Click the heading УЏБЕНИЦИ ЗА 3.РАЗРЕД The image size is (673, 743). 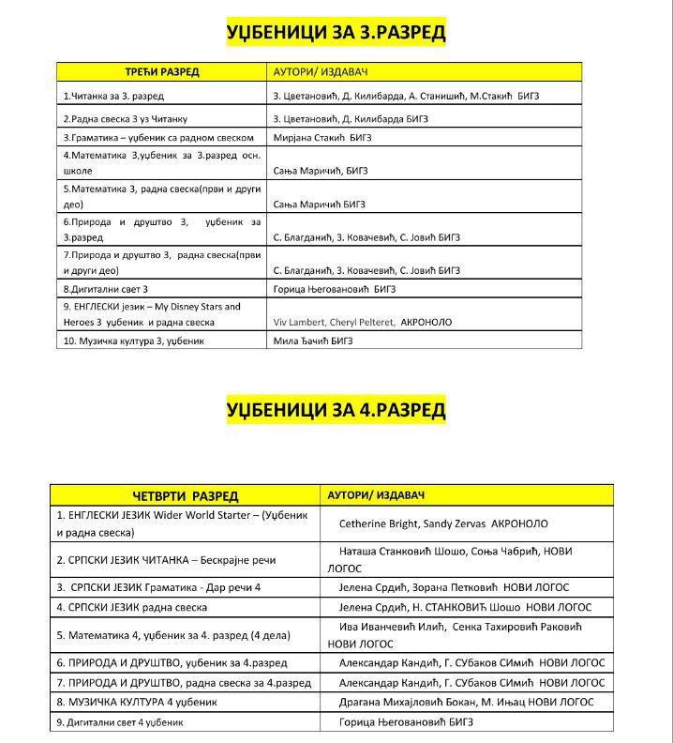[336, 34]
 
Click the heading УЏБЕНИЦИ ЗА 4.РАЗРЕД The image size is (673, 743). [336, 410]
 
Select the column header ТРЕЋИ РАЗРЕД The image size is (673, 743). [162, 72]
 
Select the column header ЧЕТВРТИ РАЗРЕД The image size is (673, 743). [185, 495]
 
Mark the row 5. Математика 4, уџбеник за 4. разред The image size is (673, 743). [173, 635]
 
